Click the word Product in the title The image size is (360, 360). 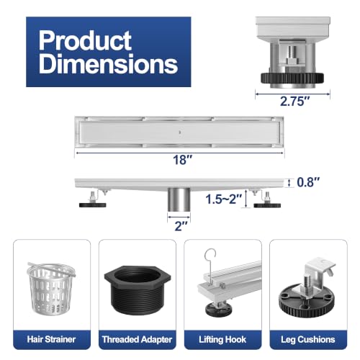click(x=85, y=40)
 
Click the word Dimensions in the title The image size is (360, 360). click(x=108, y=63)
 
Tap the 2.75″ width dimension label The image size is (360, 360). click(x=294, y=101)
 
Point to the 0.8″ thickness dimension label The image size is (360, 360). click(x=308, y=182)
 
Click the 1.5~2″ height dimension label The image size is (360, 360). click(x=224, y=199)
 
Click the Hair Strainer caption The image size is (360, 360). click(x=51, y=339)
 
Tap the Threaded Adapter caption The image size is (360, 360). click(x=137, y=340)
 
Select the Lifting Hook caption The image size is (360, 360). click(x=222, y=340)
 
